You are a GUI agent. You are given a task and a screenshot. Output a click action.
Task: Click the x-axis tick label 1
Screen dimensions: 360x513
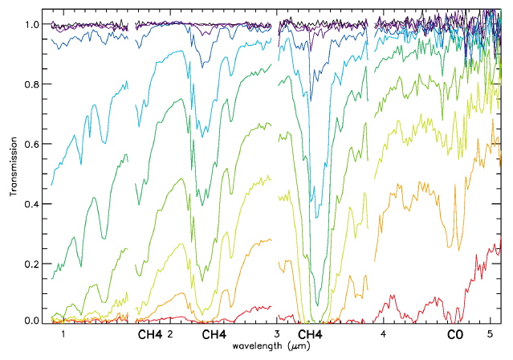pos(63,333)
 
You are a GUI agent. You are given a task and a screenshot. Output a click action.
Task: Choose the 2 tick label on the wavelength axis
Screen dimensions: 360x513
pos(170,333)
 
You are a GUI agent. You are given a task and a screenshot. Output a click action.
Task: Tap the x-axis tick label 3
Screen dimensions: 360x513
pos(277,333)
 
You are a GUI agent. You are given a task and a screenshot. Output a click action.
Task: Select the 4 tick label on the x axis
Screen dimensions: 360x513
pos(384,333)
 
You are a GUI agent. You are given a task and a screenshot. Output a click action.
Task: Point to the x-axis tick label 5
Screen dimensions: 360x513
pos(491,333)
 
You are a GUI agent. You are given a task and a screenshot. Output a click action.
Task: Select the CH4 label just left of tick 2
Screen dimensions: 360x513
pos(150,333)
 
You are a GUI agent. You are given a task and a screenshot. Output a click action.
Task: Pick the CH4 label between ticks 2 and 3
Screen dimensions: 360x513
pos(214,333)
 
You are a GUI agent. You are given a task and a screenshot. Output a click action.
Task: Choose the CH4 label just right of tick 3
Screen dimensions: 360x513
pos(311,333)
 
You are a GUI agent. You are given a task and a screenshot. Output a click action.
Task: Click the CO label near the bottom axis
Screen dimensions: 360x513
pos(455,333)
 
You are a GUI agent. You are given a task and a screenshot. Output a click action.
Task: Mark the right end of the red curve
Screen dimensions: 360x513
pos(500,246)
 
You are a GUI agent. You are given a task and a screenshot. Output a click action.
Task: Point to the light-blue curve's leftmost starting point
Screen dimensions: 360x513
pos(51,186)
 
